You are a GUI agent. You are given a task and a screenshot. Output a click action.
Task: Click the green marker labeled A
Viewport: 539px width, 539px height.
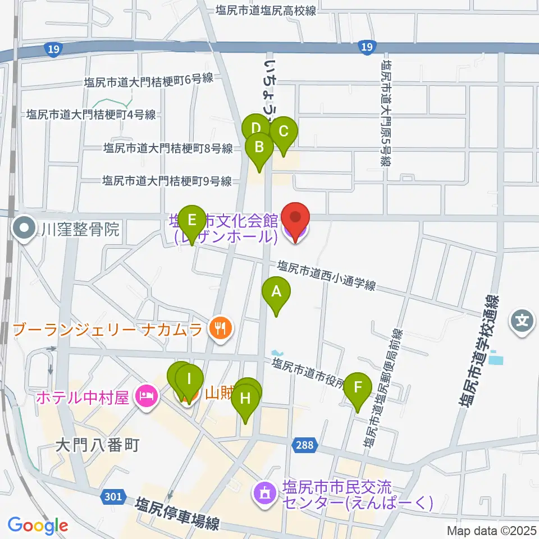276,293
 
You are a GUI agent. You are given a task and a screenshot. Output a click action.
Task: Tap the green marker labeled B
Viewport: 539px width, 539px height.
259,148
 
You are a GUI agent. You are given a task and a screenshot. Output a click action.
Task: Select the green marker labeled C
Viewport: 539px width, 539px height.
283,133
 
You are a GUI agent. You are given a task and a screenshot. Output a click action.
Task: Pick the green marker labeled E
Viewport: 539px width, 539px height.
192,220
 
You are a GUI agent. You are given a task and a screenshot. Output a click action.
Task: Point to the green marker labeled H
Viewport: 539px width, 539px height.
246,399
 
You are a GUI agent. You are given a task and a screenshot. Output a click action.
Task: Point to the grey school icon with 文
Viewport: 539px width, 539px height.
521,322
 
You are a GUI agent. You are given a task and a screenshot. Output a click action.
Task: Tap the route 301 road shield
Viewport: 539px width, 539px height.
112,496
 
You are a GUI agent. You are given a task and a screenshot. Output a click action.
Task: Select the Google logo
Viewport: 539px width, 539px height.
38,526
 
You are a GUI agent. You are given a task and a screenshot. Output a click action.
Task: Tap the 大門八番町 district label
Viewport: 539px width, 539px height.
97,446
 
